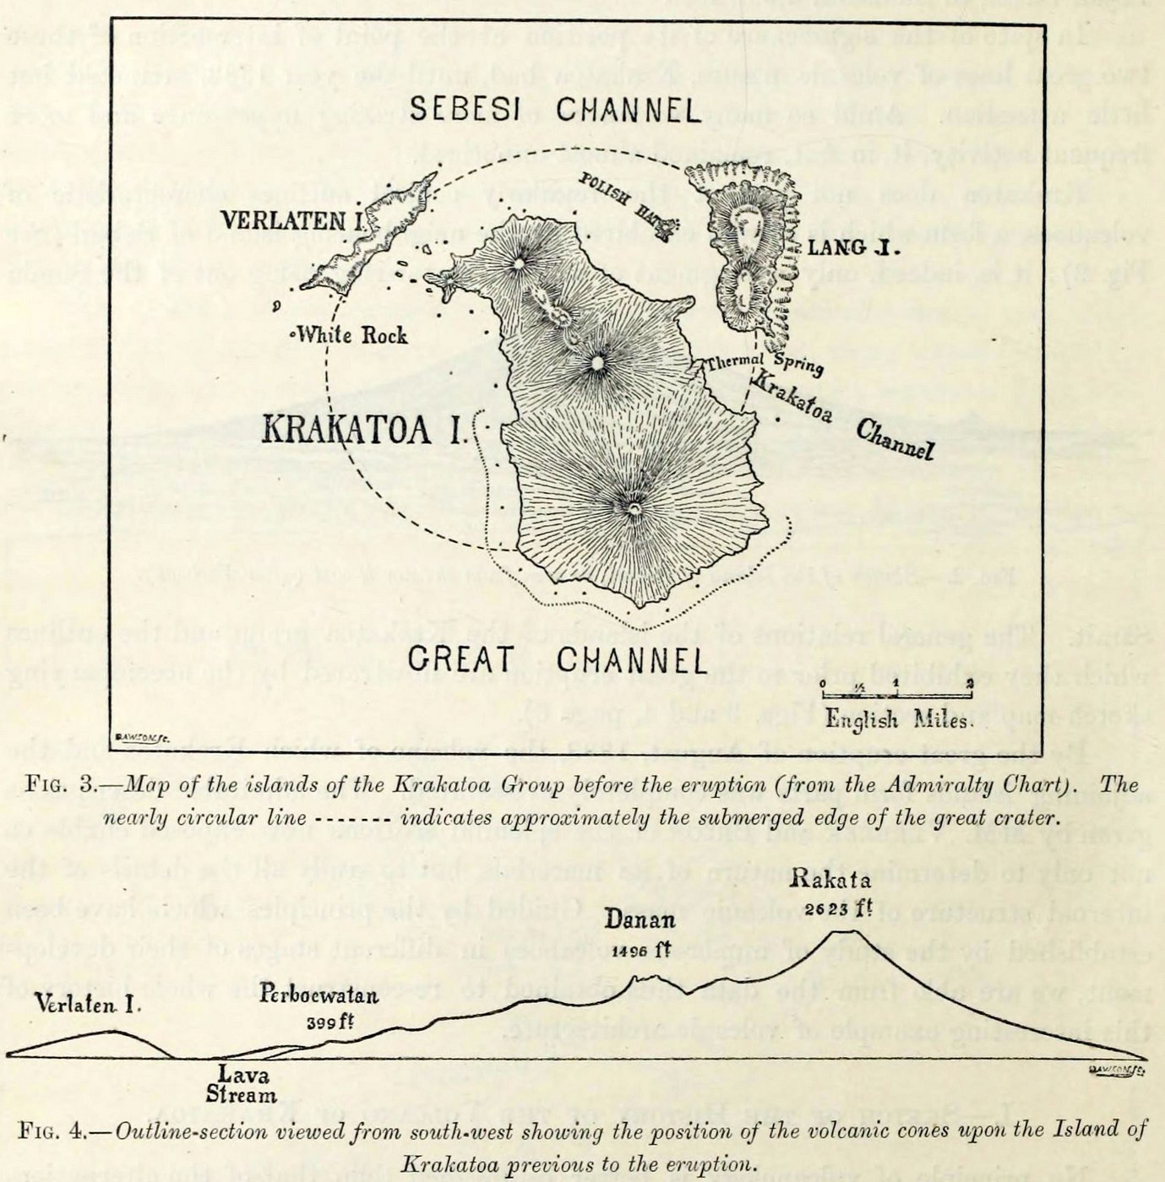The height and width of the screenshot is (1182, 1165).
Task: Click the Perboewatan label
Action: pos(319,995)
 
